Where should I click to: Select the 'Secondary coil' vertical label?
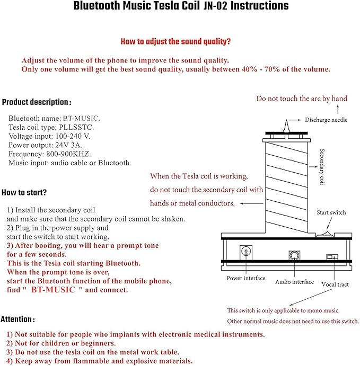pyautogui.click(x=321, y=167)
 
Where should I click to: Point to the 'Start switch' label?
pyautogui.click(x=331, y=212)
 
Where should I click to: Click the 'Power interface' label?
pyautogui.click(x=246, y=278)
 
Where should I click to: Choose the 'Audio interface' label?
pyautogui.click(x=294, y=282)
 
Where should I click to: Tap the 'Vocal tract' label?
pyautogui.click(x=335, y=284)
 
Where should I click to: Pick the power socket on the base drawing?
pyautogui.click(x=247, y=251)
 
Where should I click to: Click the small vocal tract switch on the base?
pyautogui.click(x=332, y=257)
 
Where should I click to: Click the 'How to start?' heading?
pyautogui.click(x=24, y=192)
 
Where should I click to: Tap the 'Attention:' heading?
pyautogui.click(x=18, y=319)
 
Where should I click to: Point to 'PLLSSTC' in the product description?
pyautogui.click(x=81, y=127)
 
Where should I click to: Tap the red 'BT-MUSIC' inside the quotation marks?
pyautogui.click(x=53, y=290)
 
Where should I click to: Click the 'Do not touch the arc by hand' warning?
pyautogui.click(x=302, y=99)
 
